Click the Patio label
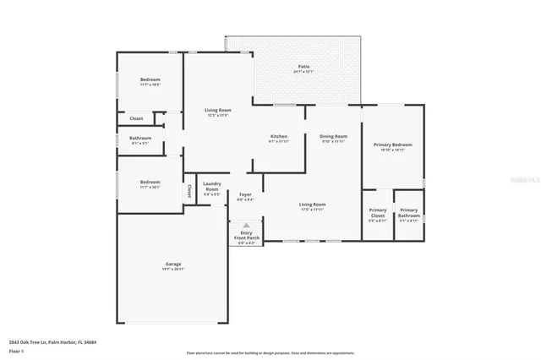[x=303, y=67]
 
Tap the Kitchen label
[x=278, y=136]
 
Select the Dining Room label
[x=333, y=136]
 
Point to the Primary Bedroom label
[x=391, y=145]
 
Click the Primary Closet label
[x=378, y=211]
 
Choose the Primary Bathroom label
[x=409, y=211]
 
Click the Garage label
[x=172, y=265]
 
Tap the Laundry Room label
[x=212, y=188]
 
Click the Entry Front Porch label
[x=246, y=237]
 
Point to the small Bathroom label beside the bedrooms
[x=140, y=138]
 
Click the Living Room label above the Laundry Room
[x=218, y=110]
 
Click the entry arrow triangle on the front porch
[x=246, y=226]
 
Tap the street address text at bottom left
[x=52, y=342]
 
